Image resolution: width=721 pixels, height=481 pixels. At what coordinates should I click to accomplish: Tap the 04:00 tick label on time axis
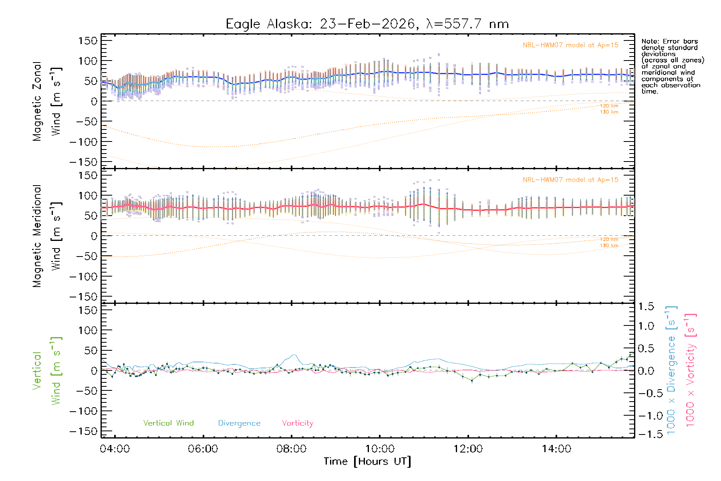coord(115,449)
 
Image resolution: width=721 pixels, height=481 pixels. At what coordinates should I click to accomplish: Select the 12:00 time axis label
coord(468,449)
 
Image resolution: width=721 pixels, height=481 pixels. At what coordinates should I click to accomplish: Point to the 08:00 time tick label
coord(291,449)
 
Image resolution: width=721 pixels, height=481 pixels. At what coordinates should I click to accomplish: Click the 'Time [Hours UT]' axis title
coord(367,461)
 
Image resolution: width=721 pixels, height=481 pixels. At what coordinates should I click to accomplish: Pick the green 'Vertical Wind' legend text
coord(168,423)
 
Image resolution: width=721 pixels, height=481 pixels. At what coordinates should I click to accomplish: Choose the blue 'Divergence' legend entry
coord(239,423)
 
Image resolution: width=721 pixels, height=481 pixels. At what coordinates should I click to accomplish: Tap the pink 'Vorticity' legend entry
coord(297,423)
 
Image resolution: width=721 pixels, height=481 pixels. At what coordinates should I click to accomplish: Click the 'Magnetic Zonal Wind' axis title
coord(47,101)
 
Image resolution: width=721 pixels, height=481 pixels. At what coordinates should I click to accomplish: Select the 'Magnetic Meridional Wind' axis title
coord(47,236)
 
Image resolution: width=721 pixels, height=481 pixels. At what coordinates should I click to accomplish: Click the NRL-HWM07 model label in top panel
coord(570,45)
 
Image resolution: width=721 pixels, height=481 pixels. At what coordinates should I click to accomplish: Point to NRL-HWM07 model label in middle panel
coord(570,180)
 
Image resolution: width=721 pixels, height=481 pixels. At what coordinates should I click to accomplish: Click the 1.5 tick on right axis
coord(646,307)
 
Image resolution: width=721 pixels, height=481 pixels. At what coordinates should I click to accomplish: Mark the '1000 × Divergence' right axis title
coord(671,370)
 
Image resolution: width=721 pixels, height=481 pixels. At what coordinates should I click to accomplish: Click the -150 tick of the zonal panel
coord(83,162)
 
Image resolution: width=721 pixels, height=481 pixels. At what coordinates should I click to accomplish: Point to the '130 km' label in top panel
coord(609,112)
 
